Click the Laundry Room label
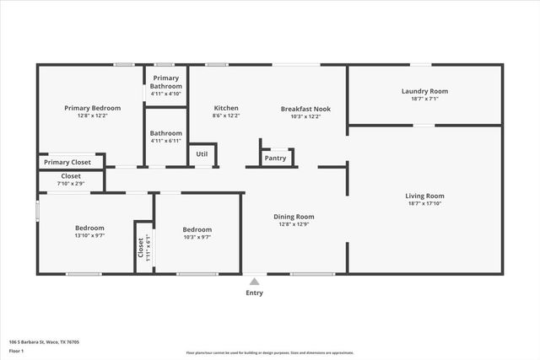point(424,91)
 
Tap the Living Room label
point(424,196)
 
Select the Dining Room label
point(294,217)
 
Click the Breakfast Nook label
point(305,108)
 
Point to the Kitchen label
point(226,108)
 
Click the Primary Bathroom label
point(166,82)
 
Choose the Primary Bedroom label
point(93,108)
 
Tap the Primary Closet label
point(67,162)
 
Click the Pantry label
point(275,158)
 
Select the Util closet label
point(202,154)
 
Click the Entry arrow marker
point(254,282)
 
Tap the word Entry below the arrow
point(254,293)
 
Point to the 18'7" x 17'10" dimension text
point(424,203)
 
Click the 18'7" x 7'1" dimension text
point(424,99)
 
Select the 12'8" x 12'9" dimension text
point(294,224)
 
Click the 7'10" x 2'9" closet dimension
point(71,183)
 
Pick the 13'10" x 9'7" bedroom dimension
point(89,236)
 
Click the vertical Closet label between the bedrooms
point(141,247)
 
